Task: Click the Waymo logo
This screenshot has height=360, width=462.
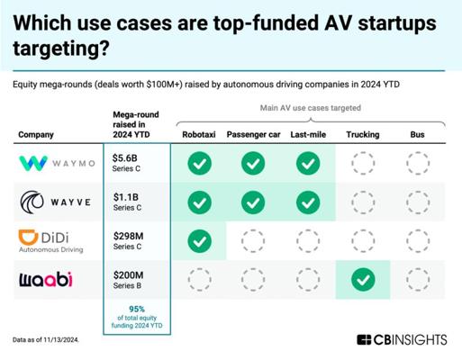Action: [57, 163]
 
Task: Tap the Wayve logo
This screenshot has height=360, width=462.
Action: [56, 202]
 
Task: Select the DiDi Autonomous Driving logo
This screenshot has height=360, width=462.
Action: [50, 241]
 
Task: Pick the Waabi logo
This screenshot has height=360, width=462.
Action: [46, 280]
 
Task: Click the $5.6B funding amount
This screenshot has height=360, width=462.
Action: [124, 158]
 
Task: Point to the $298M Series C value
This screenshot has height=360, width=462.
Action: [128, 241]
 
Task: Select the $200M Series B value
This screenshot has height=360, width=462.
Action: [128, 280]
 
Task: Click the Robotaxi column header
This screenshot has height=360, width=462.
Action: [199, 134]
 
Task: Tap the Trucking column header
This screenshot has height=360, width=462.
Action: [363, 134]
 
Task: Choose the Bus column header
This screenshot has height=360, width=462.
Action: [417, 134]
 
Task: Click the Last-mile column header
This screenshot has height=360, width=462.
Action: [308, 134]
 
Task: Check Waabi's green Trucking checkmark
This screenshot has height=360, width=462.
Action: [363, 280]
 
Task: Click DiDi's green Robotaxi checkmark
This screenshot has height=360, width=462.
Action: [200, 241]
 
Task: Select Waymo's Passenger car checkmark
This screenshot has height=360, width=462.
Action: [253, 164]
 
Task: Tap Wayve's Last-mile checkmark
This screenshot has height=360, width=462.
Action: [308, 202]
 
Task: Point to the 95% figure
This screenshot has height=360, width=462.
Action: [137, 309]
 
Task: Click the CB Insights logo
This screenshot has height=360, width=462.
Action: [402, 340]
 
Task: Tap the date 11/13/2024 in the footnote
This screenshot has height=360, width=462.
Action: [61, 340]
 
